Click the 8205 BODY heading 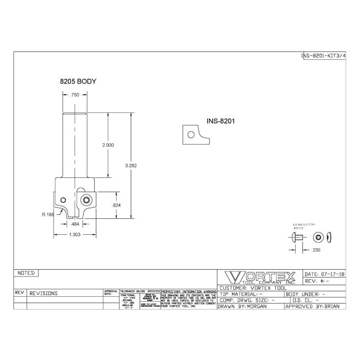pos(78,81)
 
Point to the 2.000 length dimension pos(108,145)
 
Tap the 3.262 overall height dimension pos(132,164)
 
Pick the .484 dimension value pos(75,224)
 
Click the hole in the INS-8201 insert pos(191,134)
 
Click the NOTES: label pos(27,273)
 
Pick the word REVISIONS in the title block pos(43,293)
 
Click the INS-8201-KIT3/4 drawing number pos(323,56)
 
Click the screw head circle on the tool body pos(87,199)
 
